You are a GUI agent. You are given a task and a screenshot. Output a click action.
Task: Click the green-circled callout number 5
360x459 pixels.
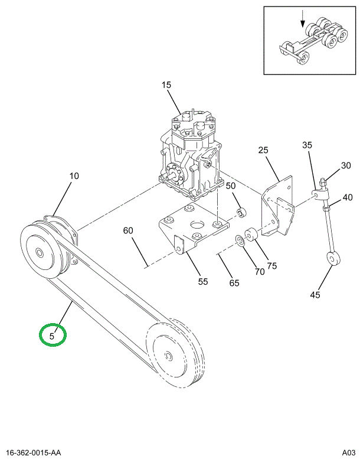pos(52,336)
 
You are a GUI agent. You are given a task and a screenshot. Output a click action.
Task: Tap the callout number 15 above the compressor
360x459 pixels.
pos(166,85)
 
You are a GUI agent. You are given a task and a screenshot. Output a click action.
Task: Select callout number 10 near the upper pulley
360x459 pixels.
pos(74,176)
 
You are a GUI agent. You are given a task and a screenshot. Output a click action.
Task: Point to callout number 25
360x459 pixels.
pos(263,150)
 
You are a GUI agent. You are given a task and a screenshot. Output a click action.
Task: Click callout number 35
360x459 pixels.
pos(307,145)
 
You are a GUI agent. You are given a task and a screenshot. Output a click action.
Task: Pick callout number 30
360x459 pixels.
pos(346,165)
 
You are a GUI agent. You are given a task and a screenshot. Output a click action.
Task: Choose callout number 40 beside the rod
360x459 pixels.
pos(348,197)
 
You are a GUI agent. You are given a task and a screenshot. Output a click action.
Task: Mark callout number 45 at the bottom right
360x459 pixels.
pos(315,295)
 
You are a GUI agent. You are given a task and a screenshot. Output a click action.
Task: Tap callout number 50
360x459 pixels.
pos(231,185)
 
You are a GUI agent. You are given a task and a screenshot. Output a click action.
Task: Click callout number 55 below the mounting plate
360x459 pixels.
pos(203,281)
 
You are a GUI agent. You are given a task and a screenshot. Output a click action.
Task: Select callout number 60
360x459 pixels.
pos(128,230)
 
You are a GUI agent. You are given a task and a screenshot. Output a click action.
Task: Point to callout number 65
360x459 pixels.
pos(234,283)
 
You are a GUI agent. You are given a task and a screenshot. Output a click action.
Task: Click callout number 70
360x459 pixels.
pos(260,272)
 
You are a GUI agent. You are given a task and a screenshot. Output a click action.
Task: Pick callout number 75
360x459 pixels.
pos(272,266)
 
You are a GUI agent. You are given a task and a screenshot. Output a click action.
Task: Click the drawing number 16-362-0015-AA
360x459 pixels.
pos(33,453)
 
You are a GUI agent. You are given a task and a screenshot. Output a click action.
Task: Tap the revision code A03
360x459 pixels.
pos(349,453)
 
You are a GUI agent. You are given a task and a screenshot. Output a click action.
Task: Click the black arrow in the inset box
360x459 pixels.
pos(303,19)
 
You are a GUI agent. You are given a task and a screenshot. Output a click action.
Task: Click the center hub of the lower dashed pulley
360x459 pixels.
pos(168,356)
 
